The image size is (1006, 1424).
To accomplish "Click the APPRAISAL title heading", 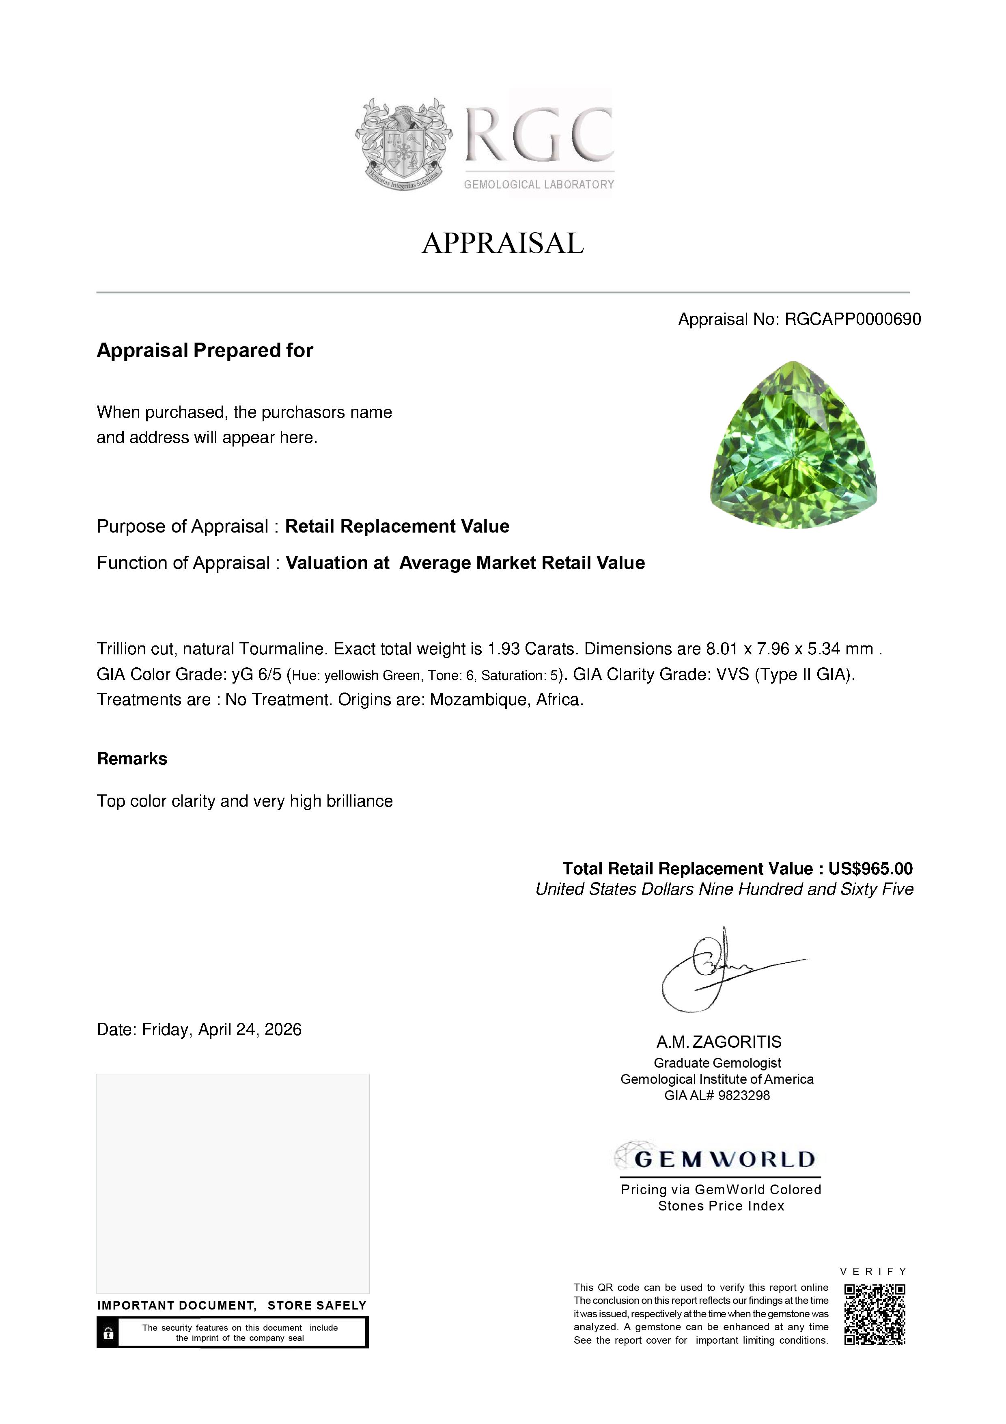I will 503,243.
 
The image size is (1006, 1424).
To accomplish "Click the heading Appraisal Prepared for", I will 205,350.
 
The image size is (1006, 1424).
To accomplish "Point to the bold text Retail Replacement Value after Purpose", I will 397,526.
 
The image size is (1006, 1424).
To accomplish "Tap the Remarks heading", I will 132,759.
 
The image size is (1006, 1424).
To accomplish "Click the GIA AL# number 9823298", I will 744,1096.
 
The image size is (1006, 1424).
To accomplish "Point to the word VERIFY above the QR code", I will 873,1271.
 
